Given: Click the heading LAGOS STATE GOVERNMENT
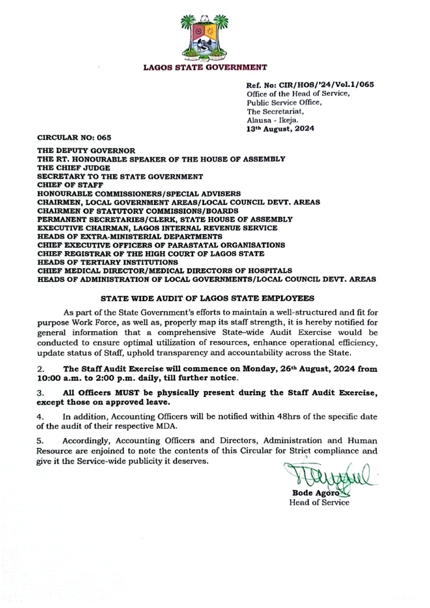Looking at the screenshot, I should tap(205, 67).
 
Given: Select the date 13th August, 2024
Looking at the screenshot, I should tap(280, 129).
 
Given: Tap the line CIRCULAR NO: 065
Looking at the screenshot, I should tap(74, 138).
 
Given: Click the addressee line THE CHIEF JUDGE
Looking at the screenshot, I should tap(74, 168).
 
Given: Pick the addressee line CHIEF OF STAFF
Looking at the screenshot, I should tap(70, 185).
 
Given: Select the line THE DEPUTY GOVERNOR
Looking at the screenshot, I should tap(86, 151).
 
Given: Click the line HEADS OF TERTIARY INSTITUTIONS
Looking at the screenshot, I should tap(107, 262).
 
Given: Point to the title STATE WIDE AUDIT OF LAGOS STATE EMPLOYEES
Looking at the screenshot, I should tap(207, 298).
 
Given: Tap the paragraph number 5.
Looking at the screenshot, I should tap(40, 441).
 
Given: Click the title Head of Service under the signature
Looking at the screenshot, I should tap(319, 503).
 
